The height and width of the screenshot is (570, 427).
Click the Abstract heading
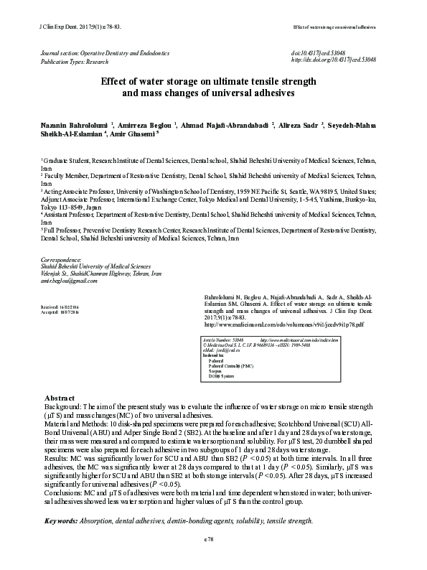point(60,397)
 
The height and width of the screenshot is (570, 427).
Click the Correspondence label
point(62,259)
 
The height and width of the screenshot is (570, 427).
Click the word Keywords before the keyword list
point(62,520)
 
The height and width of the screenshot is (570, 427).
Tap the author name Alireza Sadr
point(301,126)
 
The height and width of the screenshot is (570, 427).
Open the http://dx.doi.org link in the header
point(333,60)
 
